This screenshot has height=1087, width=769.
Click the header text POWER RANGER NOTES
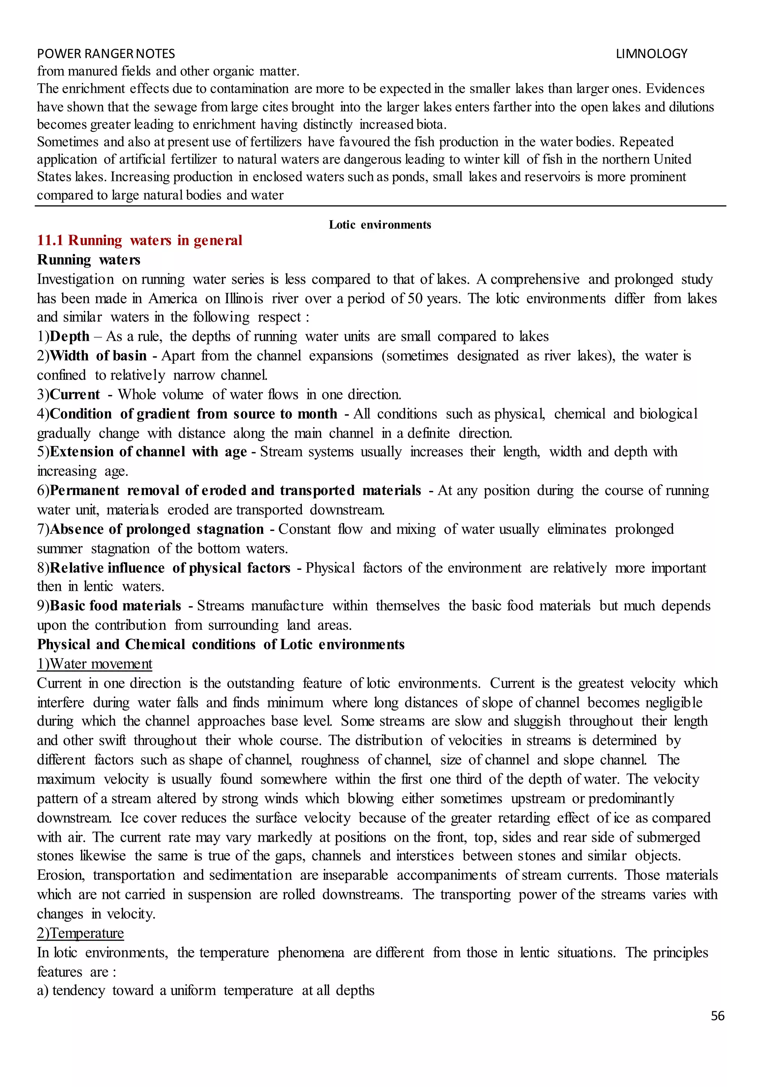click(x=106, y=54)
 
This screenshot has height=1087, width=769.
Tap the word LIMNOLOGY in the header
click(x=651, y=54)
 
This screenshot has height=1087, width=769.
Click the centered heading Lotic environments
click(x=380, y=225)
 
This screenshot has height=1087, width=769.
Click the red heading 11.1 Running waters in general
click(x=139, y=241)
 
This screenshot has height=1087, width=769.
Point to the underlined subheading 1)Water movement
click(x=95, y=664)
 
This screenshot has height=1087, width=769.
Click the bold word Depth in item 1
click(x=69, y=336)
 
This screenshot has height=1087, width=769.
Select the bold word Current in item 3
click(x=75, y=394)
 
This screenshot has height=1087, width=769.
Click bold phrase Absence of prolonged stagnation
click(x=156, y=529)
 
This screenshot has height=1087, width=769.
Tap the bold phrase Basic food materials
click(x=115, y=605)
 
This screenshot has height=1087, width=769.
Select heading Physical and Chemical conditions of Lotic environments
click(x=221, y=644)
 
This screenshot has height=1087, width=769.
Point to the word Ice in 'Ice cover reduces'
click(x=129, y=818)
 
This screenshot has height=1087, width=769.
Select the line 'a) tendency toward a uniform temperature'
click(x=205, y=991)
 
